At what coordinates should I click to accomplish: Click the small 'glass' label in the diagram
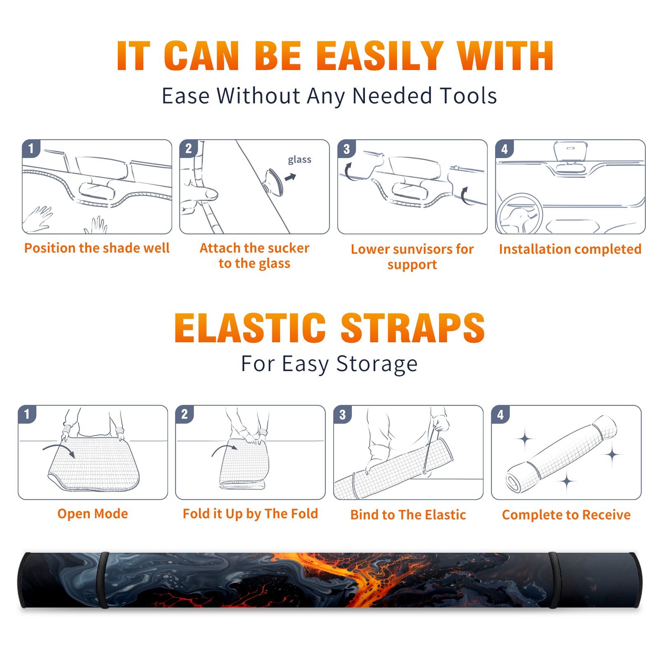pos(299,159)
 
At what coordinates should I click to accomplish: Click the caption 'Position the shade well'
pos(97,248)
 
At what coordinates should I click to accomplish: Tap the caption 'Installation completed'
pos(570,249)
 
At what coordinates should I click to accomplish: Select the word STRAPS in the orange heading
pos(413,328)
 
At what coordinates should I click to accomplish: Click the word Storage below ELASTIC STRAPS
pos(377,364)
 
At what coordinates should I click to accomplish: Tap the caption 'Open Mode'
pos(93,514)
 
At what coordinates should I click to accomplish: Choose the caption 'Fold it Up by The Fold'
pos(250,514)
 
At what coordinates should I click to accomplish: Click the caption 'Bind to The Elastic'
pos(408,515)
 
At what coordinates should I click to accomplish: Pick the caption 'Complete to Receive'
pos(566,515)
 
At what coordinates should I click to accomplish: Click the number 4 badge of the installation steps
pos(505,149)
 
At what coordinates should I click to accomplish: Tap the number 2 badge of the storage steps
pos(185,414)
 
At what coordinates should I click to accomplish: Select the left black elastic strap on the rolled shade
pos(104,580)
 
